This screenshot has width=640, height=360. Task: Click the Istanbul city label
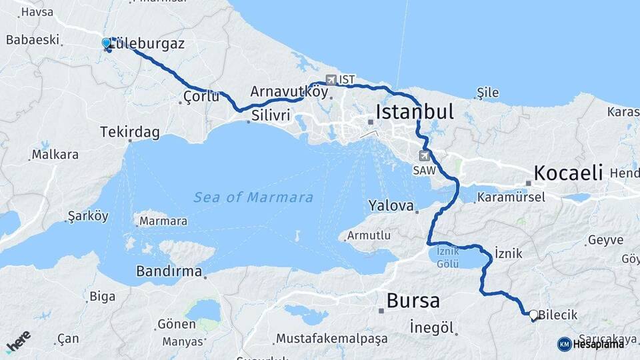[414, 111]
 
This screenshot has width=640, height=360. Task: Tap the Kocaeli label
[568, 172]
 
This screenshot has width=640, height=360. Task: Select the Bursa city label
[413, 301]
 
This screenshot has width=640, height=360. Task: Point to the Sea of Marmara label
[253, 197]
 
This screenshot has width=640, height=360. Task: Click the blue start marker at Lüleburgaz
[106, 43]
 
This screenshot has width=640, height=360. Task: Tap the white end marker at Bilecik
[533, 314]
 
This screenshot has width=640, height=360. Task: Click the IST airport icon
[331, 80]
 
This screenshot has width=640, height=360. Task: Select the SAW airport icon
[424, 156]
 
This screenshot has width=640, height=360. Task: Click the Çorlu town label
[201, 97]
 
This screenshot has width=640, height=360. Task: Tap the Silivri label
[271, 116]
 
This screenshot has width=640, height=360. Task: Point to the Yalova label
[392, 205]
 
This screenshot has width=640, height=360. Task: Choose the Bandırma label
[169, 271]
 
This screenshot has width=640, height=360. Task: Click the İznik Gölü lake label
[447, 257]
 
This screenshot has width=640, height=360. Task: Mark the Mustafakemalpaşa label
[331, 339]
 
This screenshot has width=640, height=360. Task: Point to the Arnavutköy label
[289, 91]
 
